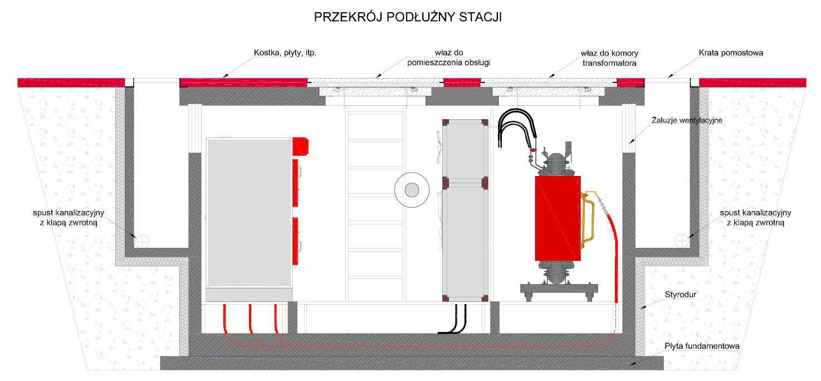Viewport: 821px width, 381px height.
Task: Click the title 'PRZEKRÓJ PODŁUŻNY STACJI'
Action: pos(408,17)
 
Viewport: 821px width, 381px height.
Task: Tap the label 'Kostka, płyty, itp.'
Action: pos(285,53)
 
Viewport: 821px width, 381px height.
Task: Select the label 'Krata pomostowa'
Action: pos(731,53)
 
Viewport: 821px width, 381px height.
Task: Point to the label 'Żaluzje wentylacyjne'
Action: pos(687,120)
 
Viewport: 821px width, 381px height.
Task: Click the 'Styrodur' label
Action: pos(680,295)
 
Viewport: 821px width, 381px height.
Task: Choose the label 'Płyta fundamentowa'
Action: pos(702,346)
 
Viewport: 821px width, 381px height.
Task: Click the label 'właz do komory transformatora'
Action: pos(609,58)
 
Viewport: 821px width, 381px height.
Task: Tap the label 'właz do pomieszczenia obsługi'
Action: pos(448,57)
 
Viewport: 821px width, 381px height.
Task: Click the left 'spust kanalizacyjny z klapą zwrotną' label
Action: pos(69,217)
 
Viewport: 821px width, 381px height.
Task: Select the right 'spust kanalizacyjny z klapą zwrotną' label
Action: pos(755,217)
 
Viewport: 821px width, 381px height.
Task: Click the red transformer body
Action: pos(558,218)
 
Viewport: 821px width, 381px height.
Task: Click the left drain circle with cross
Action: pos(142,242)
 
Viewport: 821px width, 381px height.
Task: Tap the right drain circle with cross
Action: pos(682,241)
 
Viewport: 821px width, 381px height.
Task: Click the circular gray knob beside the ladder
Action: pos(412,190)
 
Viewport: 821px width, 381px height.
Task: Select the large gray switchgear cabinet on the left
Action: pos(249,212)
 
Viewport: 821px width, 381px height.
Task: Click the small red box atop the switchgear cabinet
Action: pos(300,146)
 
